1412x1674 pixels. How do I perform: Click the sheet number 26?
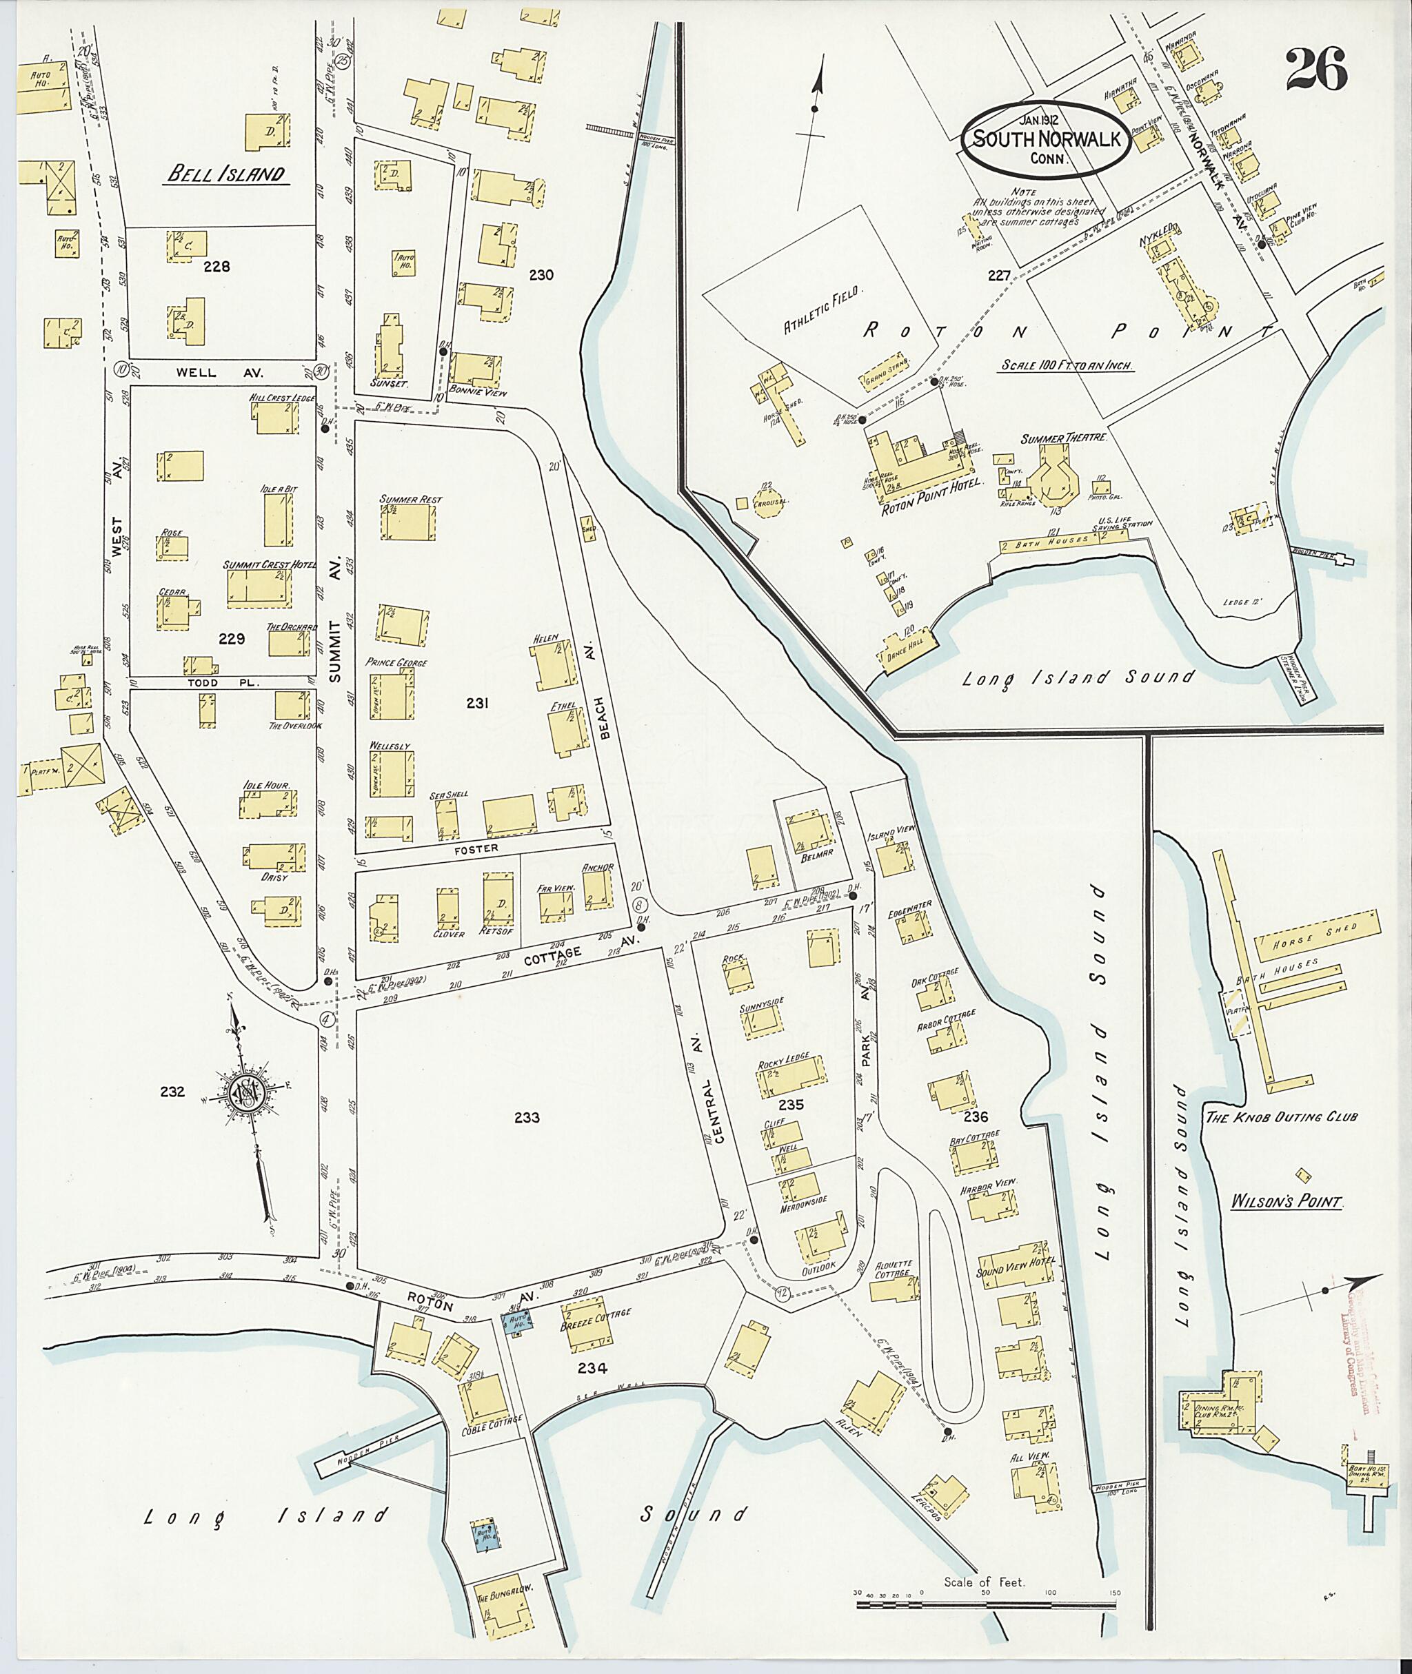point(1317,70)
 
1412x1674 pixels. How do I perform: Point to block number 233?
point(527,1118)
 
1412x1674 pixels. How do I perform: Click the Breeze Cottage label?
point(596,1313)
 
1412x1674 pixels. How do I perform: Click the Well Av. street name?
point(198,372)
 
